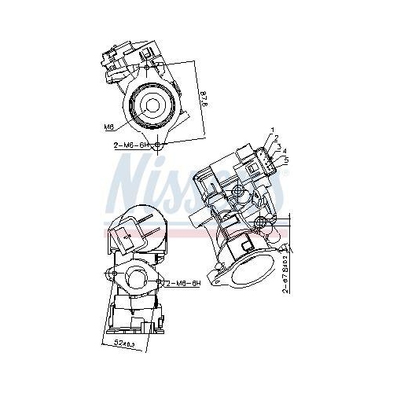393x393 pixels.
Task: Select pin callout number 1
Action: pos(273,129)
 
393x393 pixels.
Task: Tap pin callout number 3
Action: pos(279,145)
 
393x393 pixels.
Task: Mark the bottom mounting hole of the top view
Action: pos(160,146)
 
